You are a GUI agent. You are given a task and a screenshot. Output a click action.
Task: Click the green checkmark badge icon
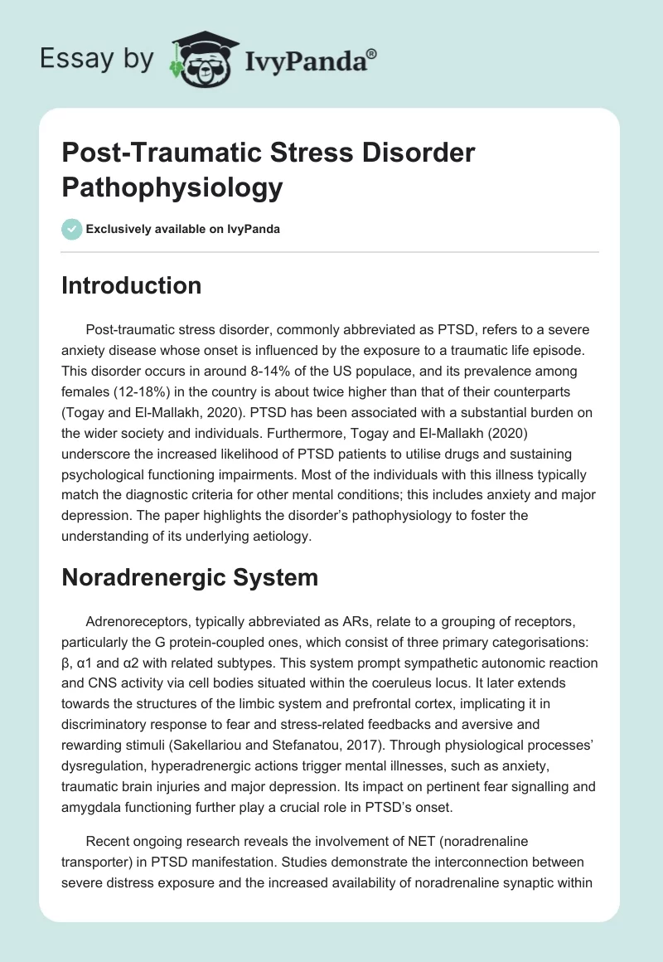[71, 229]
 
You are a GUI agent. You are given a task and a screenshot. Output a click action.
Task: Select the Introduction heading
[131, 286]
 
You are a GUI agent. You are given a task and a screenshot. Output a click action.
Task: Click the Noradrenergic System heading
[190, 577]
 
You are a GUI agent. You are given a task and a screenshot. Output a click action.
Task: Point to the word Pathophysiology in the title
[172, 187]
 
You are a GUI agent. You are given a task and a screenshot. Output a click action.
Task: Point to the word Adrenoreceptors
[136, 621]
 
